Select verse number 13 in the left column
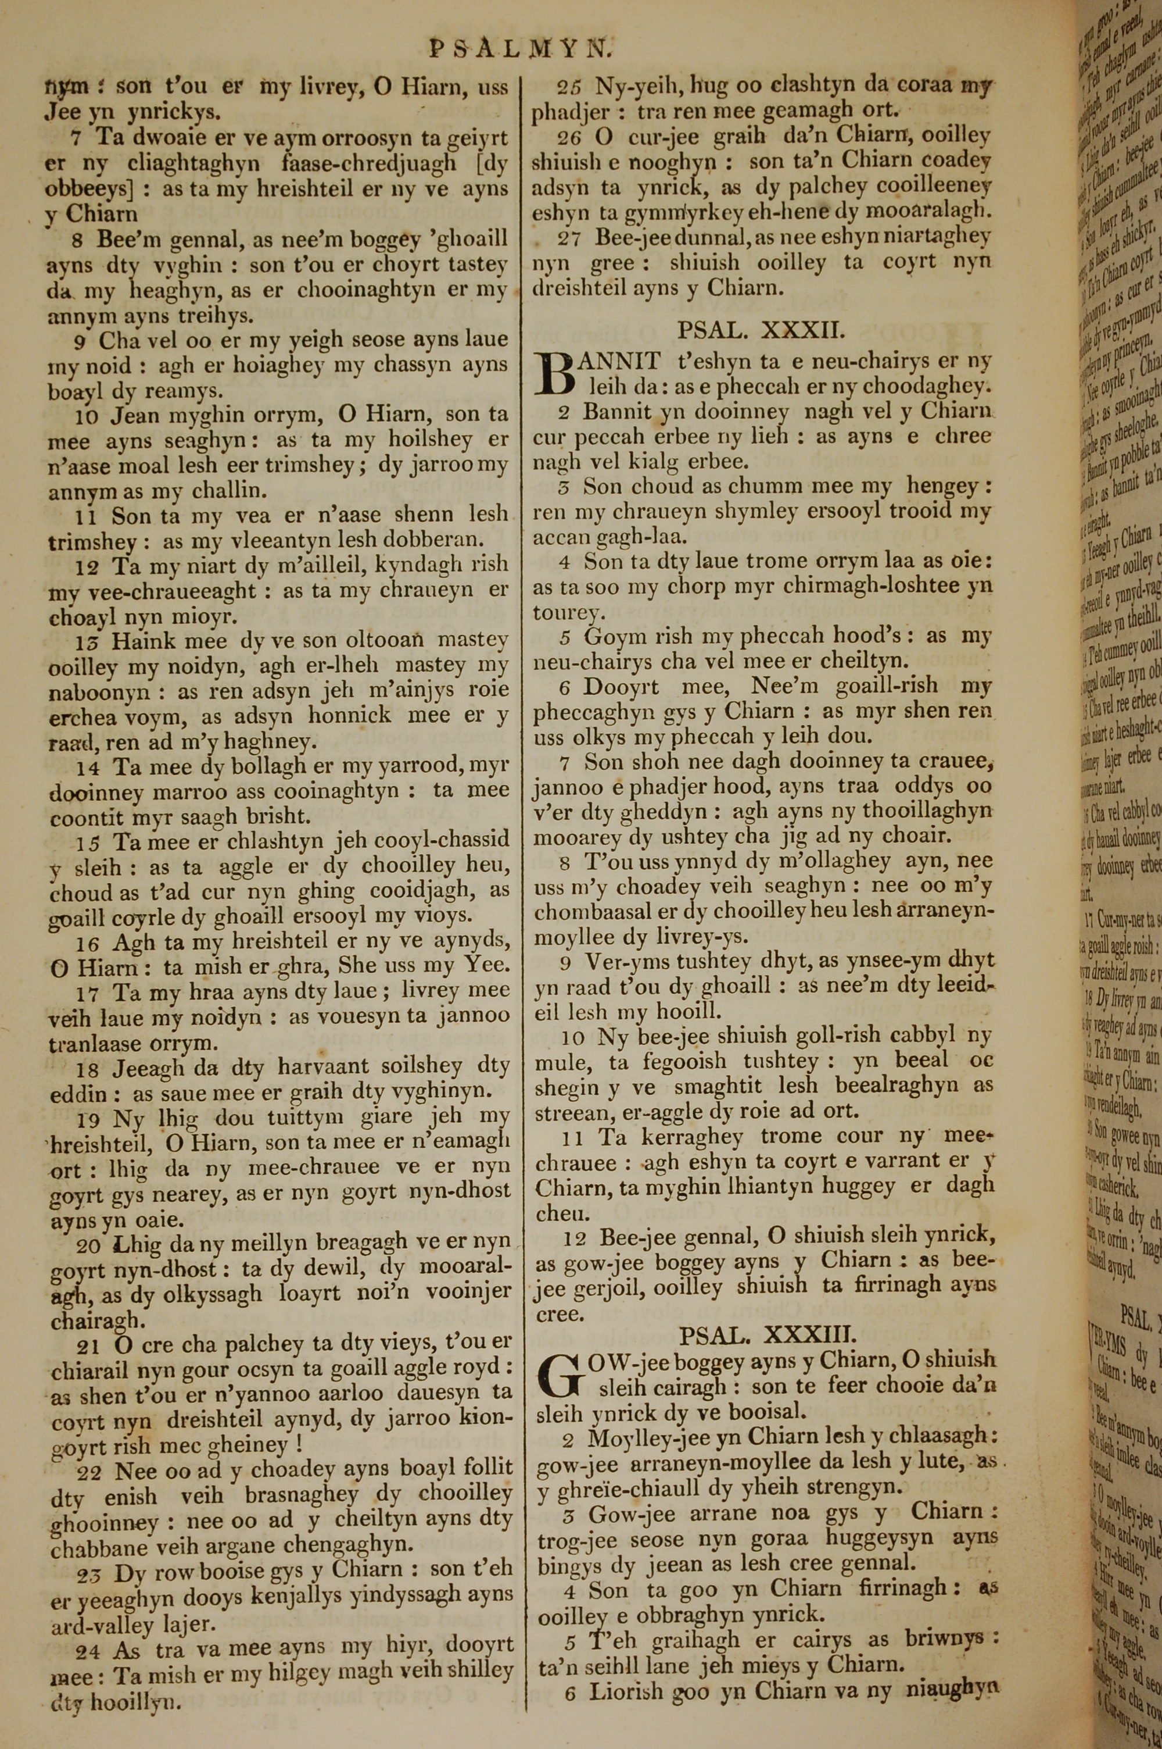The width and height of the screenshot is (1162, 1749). pos(87,639)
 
